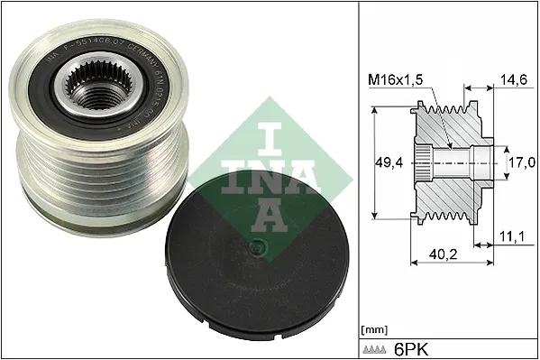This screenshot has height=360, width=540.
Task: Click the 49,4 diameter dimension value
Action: (388, 163)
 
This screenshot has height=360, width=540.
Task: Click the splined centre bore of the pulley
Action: (88, 88)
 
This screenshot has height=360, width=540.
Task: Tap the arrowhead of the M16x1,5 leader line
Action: (447, 144)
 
